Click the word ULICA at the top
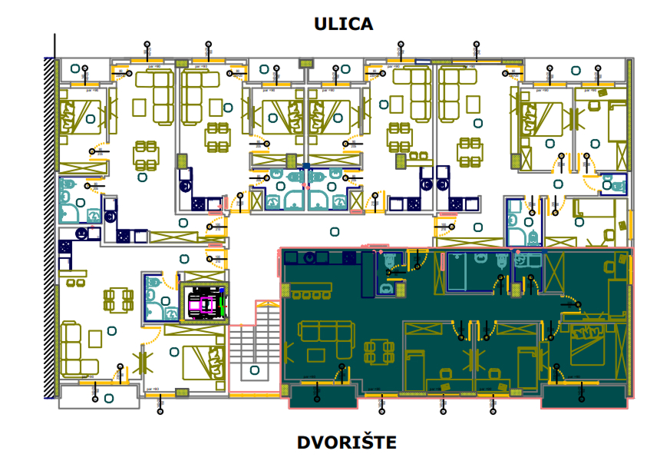343,24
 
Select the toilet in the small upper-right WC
613,185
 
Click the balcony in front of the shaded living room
322,396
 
